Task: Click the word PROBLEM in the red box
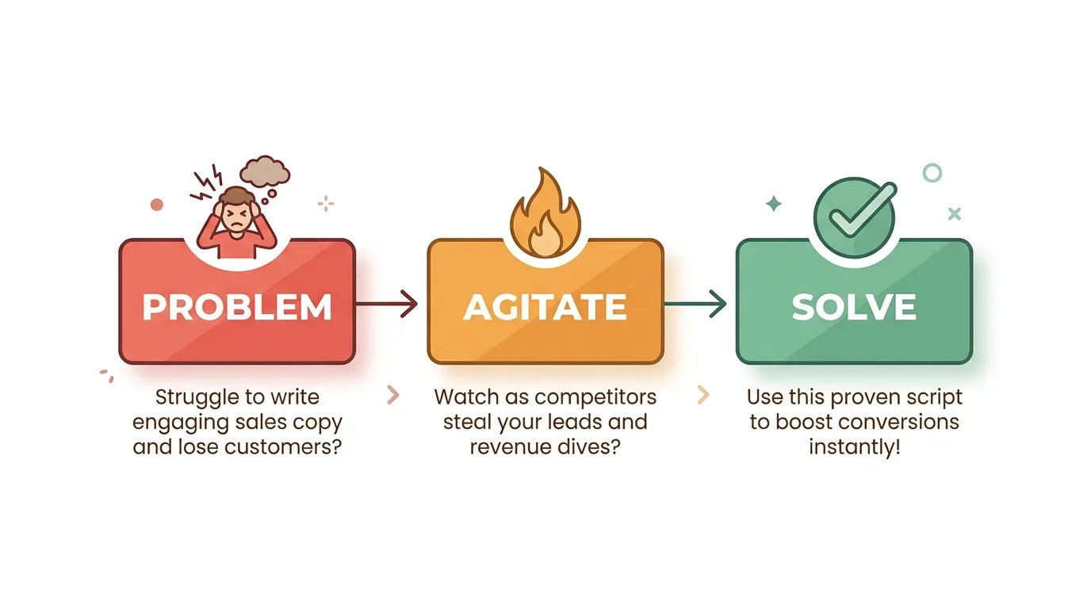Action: tap(237, 307)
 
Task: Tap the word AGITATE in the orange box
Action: tap(545, 307)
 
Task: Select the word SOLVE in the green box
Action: tap(854, 307)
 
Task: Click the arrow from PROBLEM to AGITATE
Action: tap(388, 303)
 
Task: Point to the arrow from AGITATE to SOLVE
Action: tap(695, 303)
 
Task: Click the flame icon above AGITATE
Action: tap(545, 213)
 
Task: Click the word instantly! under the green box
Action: tap(854, 446)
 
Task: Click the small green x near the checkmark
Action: tap(954, 213)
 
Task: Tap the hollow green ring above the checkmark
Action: tap(932, 172)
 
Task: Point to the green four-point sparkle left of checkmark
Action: tap(773, 205)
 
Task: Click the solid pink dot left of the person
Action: tap(157, 205)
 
